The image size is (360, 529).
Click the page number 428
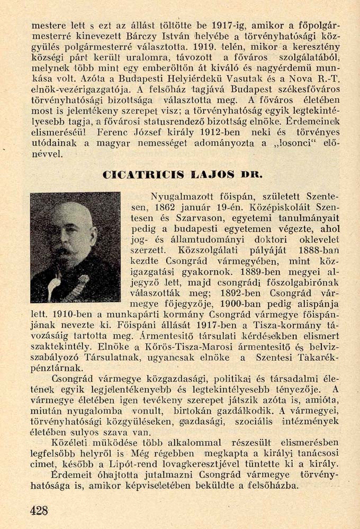click(40, 509)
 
